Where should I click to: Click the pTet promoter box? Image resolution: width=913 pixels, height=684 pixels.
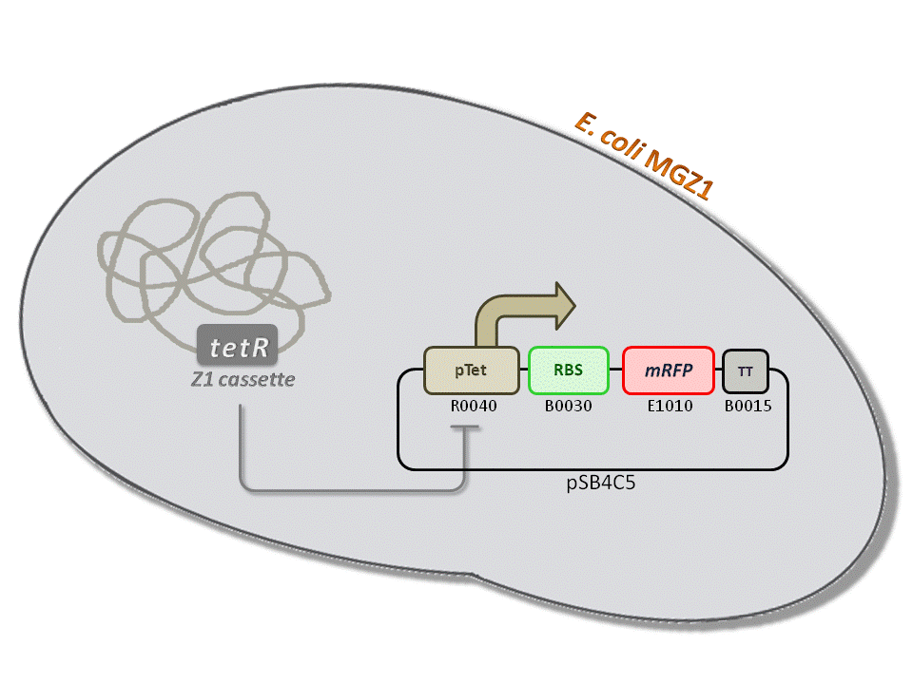472,370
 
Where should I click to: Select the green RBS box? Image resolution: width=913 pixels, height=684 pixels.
568,370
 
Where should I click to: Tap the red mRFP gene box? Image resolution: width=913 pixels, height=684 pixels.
668,370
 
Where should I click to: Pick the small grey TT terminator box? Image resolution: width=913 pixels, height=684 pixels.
746,370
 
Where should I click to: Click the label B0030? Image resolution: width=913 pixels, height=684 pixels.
568,407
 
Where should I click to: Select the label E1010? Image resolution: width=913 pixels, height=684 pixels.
669,407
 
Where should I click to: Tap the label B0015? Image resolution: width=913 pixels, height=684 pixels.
747,407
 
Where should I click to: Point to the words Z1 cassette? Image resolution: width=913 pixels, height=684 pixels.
243,380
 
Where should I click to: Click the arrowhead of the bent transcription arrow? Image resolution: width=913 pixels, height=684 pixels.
565,301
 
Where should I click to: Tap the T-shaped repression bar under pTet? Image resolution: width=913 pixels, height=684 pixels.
464,429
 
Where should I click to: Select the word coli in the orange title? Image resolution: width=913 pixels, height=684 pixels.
619,141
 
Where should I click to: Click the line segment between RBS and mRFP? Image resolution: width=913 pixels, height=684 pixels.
615,370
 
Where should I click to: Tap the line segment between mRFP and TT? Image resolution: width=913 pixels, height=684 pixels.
718,370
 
